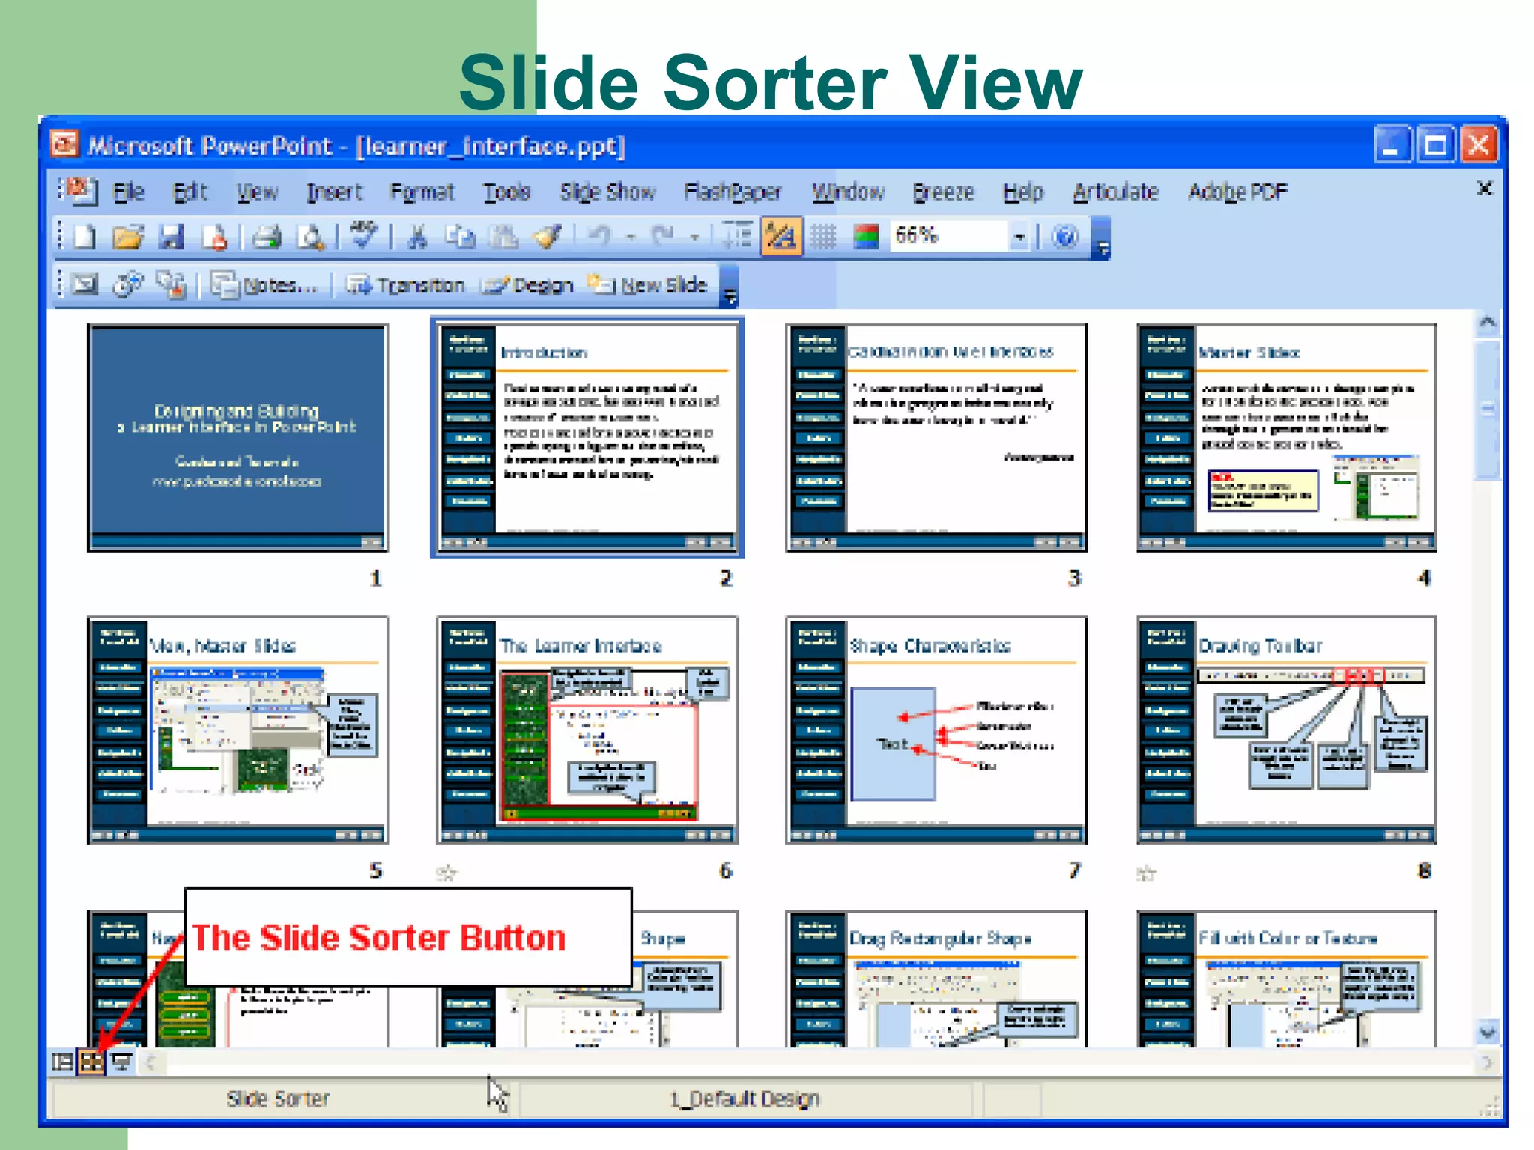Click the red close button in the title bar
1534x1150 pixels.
click(x=1479, y=144)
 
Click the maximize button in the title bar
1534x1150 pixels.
click(x=1436, y=144)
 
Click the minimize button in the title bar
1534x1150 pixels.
click(x=1392, y=144)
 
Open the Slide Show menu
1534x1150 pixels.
click(x=607, y=192)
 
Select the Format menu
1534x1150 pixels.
click(x=422, y=192)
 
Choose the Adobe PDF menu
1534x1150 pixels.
click(x=1237, y=192)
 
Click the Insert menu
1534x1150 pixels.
click(x=334, y=192)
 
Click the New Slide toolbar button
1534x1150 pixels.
click(x=649, y=285)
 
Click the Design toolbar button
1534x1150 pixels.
click(x=529, y=285)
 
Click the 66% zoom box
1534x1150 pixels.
click(x=947, y=237)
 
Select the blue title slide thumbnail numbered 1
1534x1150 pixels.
click(x=237, y=438)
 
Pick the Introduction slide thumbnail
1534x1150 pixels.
click(x=587, y=438)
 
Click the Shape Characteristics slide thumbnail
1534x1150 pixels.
click(x=936, y=730)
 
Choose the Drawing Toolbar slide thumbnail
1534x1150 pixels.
click(x=1286, y=730)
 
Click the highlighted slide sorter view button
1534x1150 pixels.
click(x=91, y=1062)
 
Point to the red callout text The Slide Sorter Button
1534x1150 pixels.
click(x=379, y=937)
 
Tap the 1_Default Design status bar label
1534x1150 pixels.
click(x=745, y=1099)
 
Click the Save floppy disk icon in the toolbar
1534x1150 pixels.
click(x=172, y=237)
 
